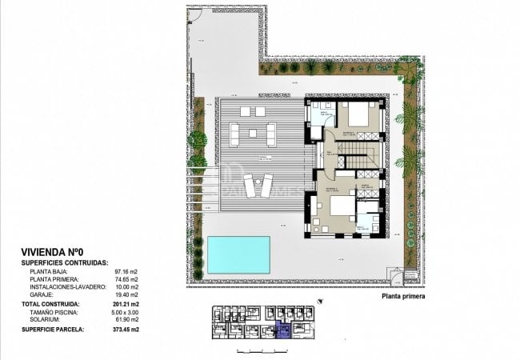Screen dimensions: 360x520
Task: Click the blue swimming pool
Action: pyautogui.click(x=238, y=255)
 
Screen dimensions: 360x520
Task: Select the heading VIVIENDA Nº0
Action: pyautogui.click(x=55, y=251)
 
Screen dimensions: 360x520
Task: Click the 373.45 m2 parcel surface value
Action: pyautogui.click(x=125, y=329)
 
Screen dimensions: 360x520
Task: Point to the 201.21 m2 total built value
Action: pyautogui.click(x=125, y=304)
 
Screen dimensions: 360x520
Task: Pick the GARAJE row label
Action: pyautogui.click(x=40, y=294)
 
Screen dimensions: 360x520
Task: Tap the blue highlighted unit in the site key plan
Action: pyautogui.click(x=282, y=328)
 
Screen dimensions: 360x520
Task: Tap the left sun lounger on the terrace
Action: pyautogui.click(x=249, y=186)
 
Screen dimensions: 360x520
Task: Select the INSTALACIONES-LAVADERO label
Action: pyautogui.click(x=66, y=286)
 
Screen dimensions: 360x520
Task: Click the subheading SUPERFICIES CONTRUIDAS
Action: pyautogui.click(x=66, y=262)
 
